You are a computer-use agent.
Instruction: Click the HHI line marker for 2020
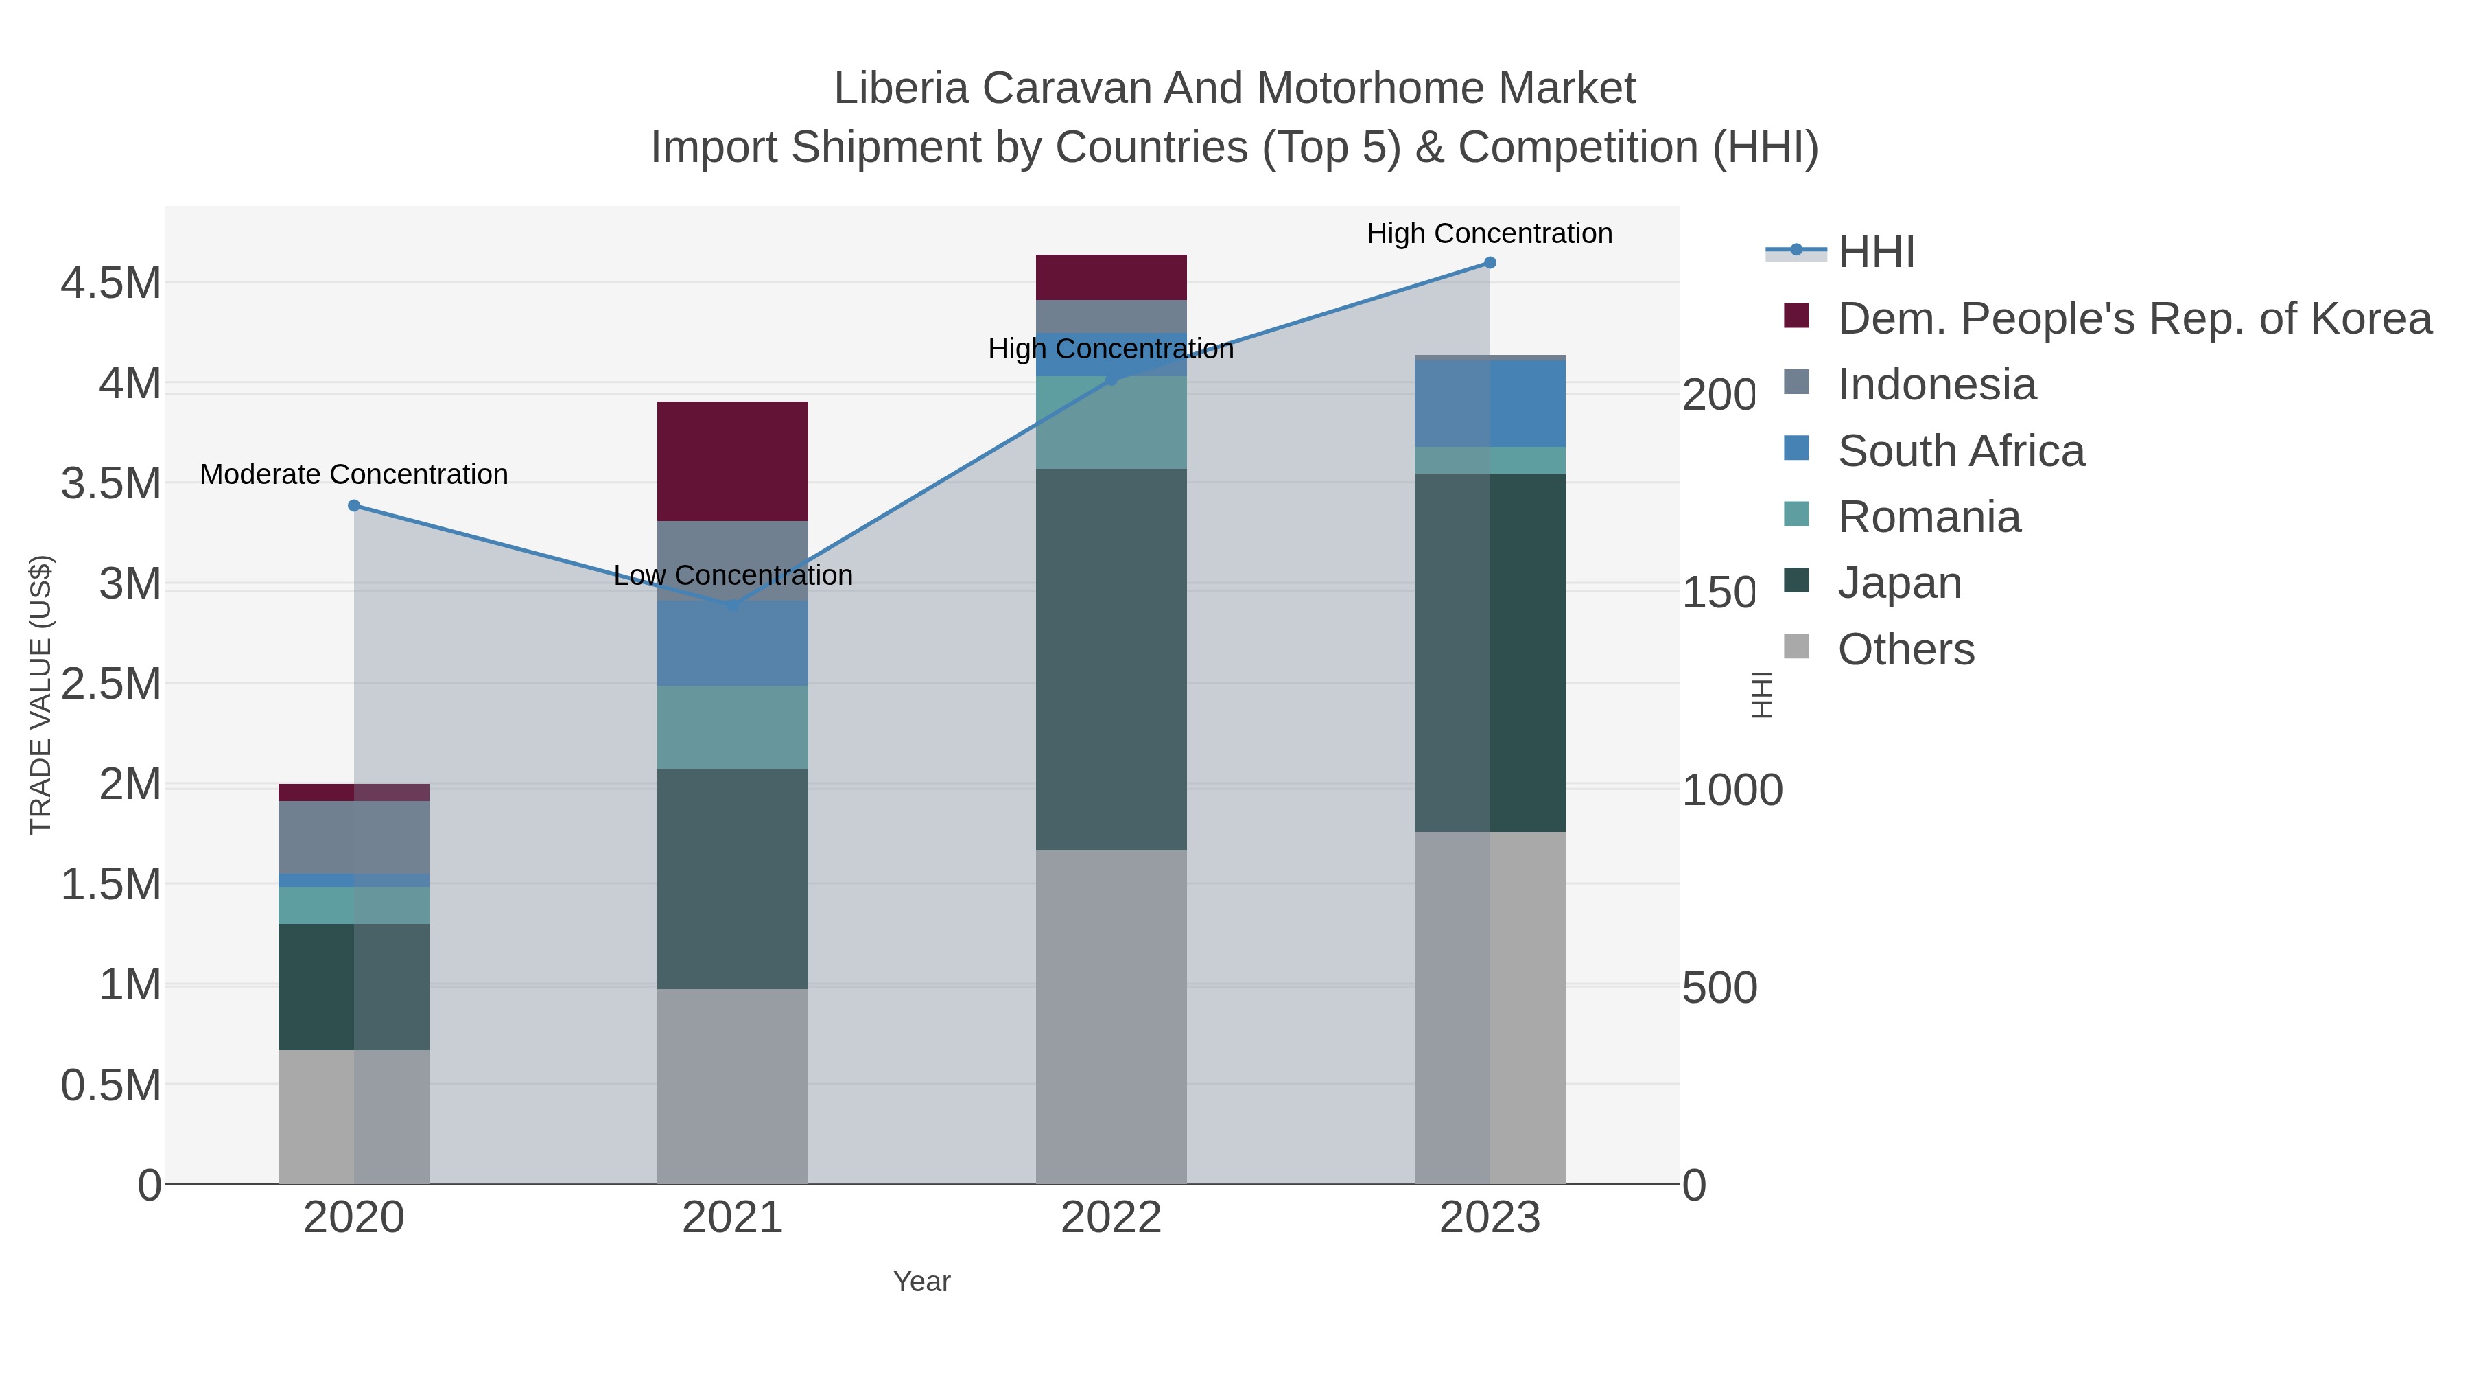tap(354, 505)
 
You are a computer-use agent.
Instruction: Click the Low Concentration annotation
tap(733, 576)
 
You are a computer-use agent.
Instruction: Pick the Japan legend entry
tap(1898, 583)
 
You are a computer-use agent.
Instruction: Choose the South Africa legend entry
tap(1960, 451)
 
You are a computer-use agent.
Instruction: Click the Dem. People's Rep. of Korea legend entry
tap(2133, 318)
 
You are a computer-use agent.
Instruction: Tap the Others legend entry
tap(1905, 649)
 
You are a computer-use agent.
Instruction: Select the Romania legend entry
tap(1928, 517)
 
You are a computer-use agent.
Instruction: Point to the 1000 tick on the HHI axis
tap(1732, 791)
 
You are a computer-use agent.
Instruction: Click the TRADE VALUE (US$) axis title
tap(41, 695)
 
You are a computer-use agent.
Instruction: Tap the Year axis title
tap(921, 1282)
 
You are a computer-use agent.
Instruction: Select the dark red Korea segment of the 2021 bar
tap(733, 461)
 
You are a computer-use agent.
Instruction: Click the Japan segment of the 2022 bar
tap(1111, 659)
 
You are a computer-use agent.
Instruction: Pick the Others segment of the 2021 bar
tap(733, 1086)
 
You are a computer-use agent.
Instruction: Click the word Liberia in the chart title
tap(898, 89)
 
